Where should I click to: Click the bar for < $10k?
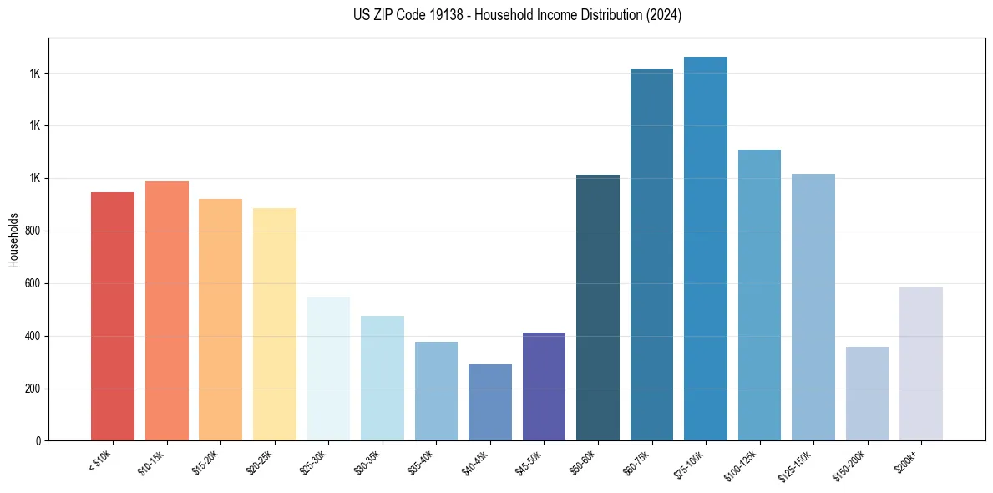(113, 317)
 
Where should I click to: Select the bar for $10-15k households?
(166, 311)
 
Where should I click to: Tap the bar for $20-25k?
(274, 324)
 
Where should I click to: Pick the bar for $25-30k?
(328, 368)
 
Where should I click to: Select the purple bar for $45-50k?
(544, 387)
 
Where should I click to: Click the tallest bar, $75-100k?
(706, 249)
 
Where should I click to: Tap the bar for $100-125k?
(759, 295)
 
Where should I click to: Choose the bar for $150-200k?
(867, 394)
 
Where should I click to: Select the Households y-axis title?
(14, 239)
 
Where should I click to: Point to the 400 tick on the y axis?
(34, 336)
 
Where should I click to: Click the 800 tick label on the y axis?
(34, 231)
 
